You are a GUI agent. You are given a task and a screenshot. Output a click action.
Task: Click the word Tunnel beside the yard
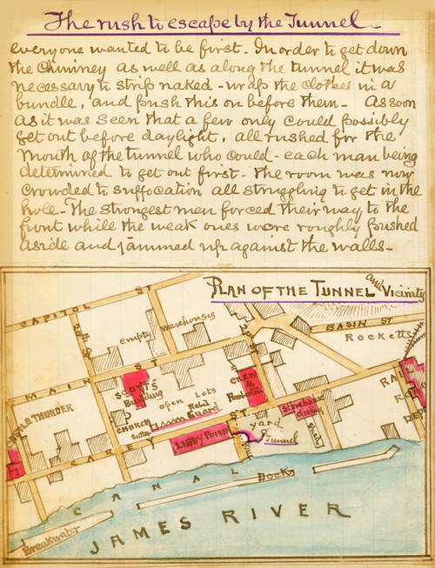tap(278, 441)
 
